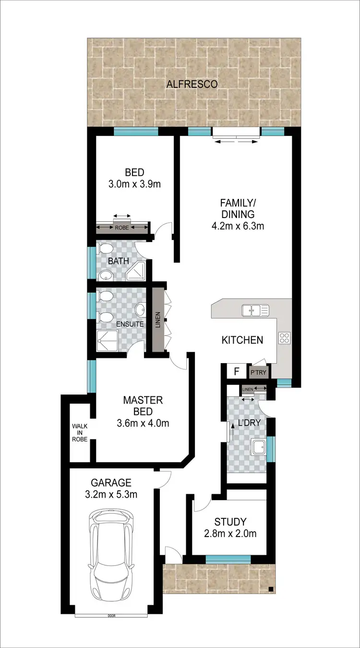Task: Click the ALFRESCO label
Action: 192,84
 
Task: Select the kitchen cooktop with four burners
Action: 284,338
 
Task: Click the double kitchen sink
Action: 255,310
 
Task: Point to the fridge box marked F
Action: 236,371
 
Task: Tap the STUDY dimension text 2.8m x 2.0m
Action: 230,533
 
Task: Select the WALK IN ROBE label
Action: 80,432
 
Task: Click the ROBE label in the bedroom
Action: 122,228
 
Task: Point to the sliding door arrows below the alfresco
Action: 236,141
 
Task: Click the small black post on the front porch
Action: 271,589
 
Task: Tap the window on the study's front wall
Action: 228,559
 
